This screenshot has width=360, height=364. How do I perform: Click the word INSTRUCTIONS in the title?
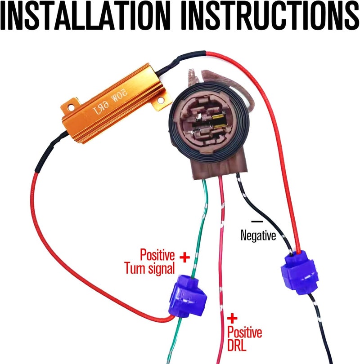(x=270, y=16)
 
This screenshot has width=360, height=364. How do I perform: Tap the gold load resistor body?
(x=114, y=103)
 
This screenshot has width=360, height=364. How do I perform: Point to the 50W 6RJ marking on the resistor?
(x=110, y=102)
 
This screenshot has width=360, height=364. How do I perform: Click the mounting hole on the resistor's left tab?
(x=71, y=107)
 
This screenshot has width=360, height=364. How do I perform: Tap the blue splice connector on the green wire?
(x=188, y=296)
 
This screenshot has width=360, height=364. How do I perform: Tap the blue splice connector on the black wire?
(x=299, y=273)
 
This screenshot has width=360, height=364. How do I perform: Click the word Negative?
(x=258, y=235)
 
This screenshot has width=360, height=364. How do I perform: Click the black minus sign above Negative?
(x=257, y=222)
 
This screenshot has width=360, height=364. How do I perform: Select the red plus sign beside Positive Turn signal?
(x=185, y=257)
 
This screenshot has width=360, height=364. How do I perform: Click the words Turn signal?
(x=149, y=269)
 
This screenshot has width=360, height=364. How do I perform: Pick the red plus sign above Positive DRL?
(x=232, y=319)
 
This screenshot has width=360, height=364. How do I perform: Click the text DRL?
(x=237, y=345)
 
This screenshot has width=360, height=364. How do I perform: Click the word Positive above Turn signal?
(x=157, y=255)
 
